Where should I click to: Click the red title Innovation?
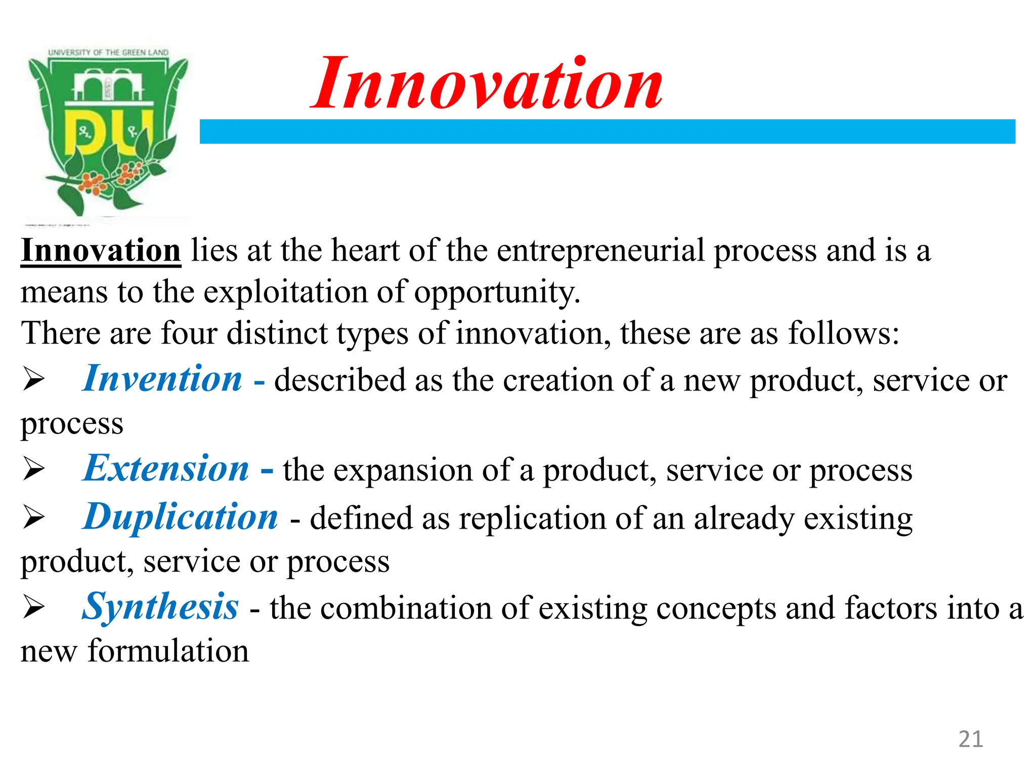pyautogui.click(x=487, y=85)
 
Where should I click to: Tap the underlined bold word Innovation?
pyautogui.click(x=101, y=250)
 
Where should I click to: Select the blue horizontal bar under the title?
pyautogui.click(x=607, y=132)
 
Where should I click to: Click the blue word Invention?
pyautogui.click(x=163, y=379)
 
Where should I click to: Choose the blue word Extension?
pyautogui.click(x=166, y=468)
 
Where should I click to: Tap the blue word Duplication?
pyautogui.click(x=181, y=517)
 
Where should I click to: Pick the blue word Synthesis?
pyautogui.click(x=160, y=607)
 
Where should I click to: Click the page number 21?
pyautogui.click(x=970, y=739)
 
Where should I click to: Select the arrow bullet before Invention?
pyautogui.click(x=34, y=380)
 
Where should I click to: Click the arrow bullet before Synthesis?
pyautogui.click(x=34, y=608)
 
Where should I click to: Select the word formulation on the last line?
pyautogui.click(x=168, y=651)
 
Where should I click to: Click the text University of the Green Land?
pyautogui.click(x=108, y=53)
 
